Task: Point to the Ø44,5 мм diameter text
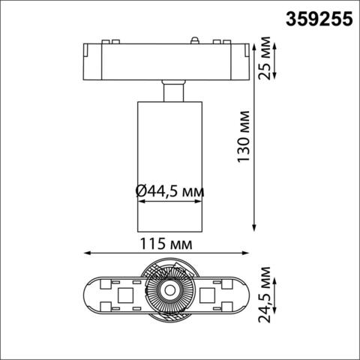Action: [x=170, y=193]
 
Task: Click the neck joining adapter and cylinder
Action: [x=169, y=92]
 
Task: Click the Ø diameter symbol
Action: [x=142, y=193]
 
